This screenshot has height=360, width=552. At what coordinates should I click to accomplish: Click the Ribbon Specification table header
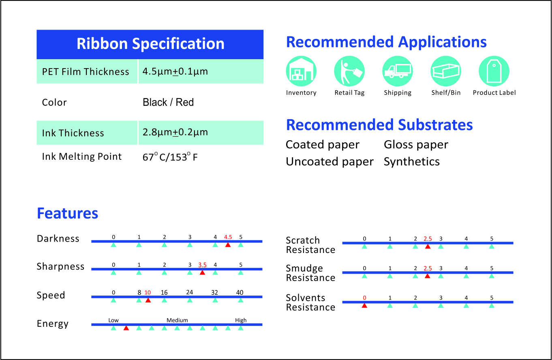click(x=150, y=44)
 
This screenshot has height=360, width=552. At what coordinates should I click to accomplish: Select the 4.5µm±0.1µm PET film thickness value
click(x=175, y=72)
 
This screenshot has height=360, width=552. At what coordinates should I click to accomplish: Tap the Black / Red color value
click(x=168, y=103)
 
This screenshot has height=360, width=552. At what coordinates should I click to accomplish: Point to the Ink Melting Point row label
click(x=82, y=156)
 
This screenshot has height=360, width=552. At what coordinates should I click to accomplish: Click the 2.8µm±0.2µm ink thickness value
click(x=175, y=133)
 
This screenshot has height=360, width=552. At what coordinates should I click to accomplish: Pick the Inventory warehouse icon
click(x=301, y=71)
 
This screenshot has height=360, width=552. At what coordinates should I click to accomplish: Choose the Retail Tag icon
click(x=349, y=71)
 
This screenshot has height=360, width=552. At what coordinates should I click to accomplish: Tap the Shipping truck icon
click(x=398, y=71)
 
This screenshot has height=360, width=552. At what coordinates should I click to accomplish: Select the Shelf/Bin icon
click(x=446, y=71)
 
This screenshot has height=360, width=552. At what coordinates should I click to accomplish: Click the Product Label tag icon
click(x=494, y=71)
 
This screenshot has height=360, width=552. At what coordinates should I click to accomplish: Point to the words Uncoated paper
click(x=329, y=162)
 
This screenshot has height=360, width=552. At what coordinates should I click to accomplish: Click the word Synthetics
click(x=412, y=162)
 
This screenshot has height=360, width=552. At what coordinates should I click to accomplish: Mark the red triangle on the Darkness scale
click(x=228, y=245)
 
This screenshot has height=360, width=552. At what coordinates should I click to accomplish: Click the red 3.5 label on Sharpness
click(x=202, y=265)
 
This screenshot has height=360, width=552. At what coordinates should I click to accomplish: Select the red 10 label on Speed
click(x=148, y=292)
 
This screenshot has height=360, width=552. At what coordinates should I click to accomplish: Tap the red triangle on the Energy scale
click(x=126, y=328)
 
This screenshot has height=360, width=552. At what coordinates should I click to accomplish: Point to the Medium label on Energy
click(x=177, y=320)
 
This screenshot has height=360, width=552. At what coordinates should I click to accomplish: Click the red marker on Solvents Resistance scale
click(x=364, y=305)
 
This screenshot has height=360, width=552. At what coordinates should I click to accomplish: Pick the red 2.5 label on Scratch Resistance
click(x=428, y=239)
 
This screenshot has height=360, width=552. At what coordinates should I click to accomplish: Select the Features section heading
click(x=67, y=213)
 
